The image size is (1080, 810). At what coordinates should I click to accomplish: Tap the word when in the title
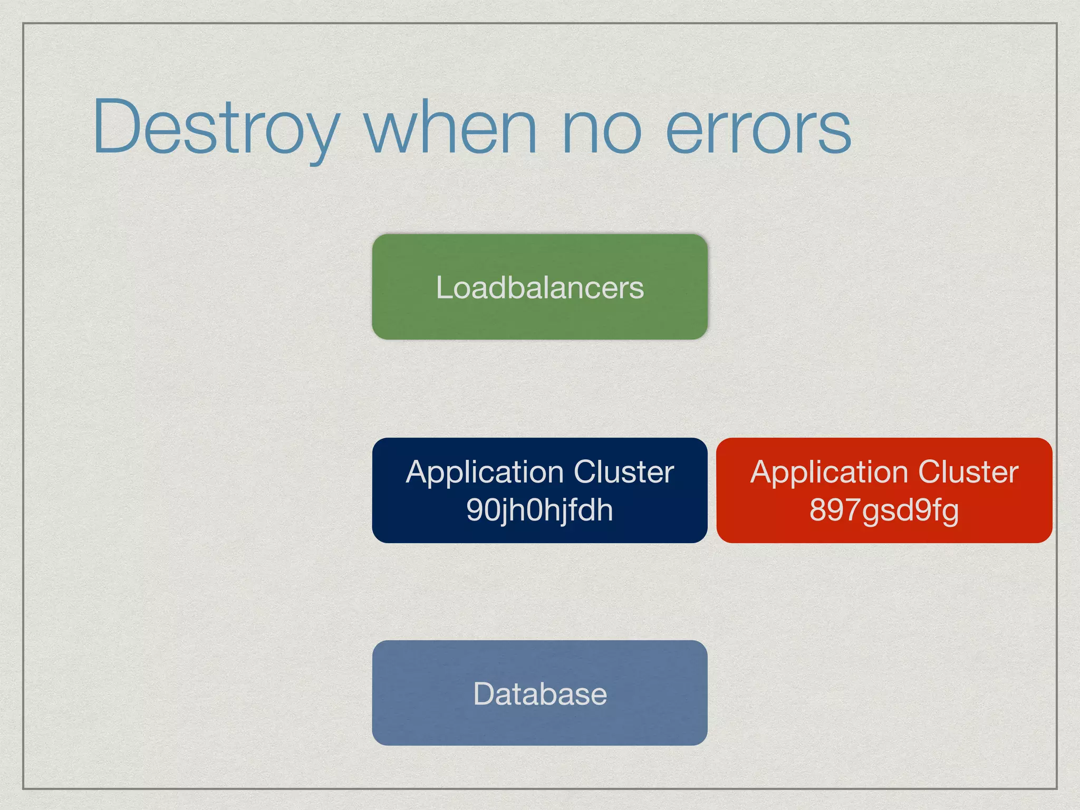point(451,128)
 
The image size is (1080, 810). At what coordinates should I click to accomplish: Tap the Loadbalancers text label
point(539,288)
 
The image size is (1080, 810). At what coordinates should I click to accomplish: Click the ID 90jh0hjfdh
point(539,510)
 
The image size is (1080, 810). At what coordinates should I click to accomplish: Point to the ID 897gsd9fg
point(884,510)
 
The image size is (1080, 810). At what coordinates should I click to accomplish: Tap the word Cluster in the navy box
point(624,471)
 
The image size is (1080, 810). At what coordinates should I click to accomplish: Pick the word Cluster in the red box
point(968,471)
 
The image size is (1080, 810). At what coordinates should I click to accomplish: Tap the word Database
point(539,694)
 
